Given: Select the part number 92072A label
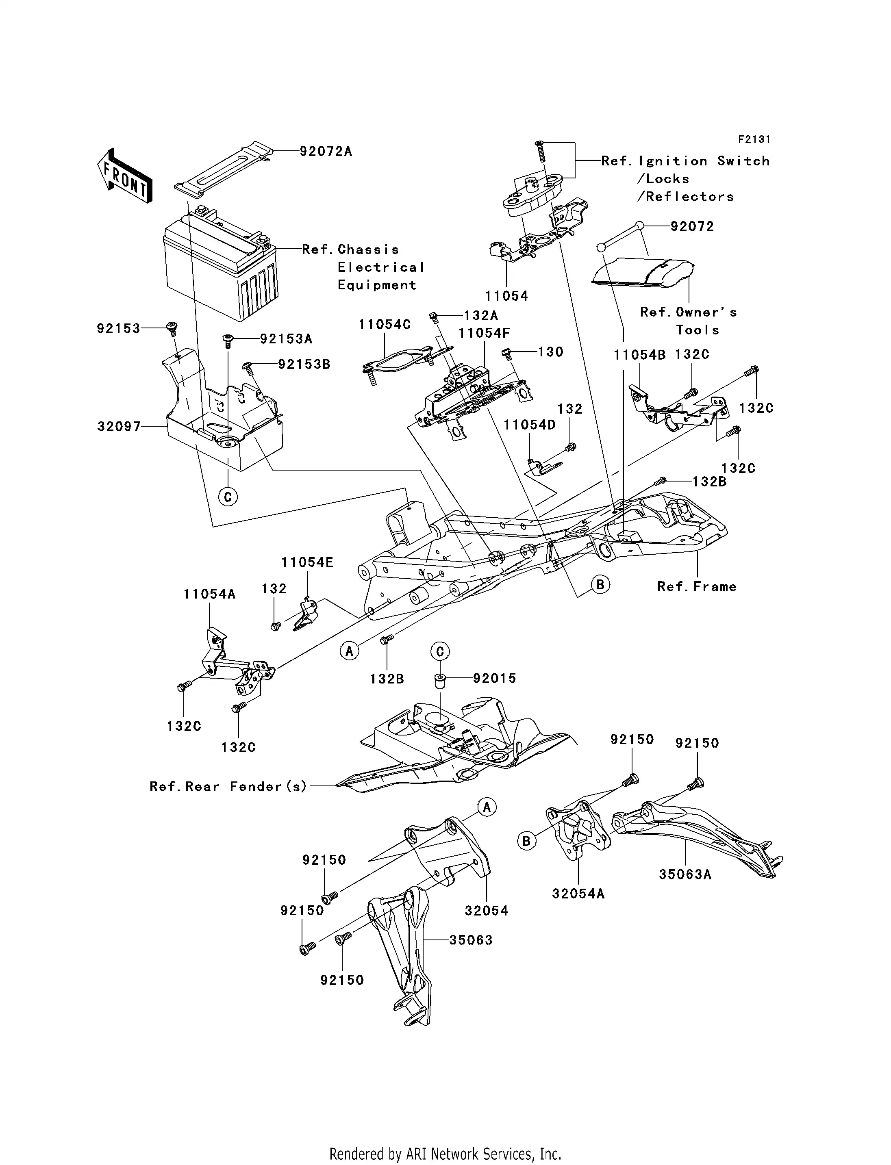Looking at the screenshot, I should (326, 152).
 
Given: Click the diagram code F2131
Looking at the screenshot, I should (754, 139).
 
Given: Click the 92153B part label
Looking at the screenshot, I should (304, 364).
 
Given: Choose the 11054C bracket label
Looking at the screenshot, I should (385, 325).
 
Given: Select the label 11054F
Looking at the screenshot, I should (484, 333).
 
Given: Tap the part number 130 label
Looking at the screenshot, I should (550, 352).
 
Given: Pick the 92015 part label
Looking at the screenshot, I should (494, 678).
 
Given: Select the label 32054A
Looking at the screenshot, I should (578, 894).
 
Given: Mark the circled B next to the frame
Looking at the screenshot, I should (600, 584).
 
